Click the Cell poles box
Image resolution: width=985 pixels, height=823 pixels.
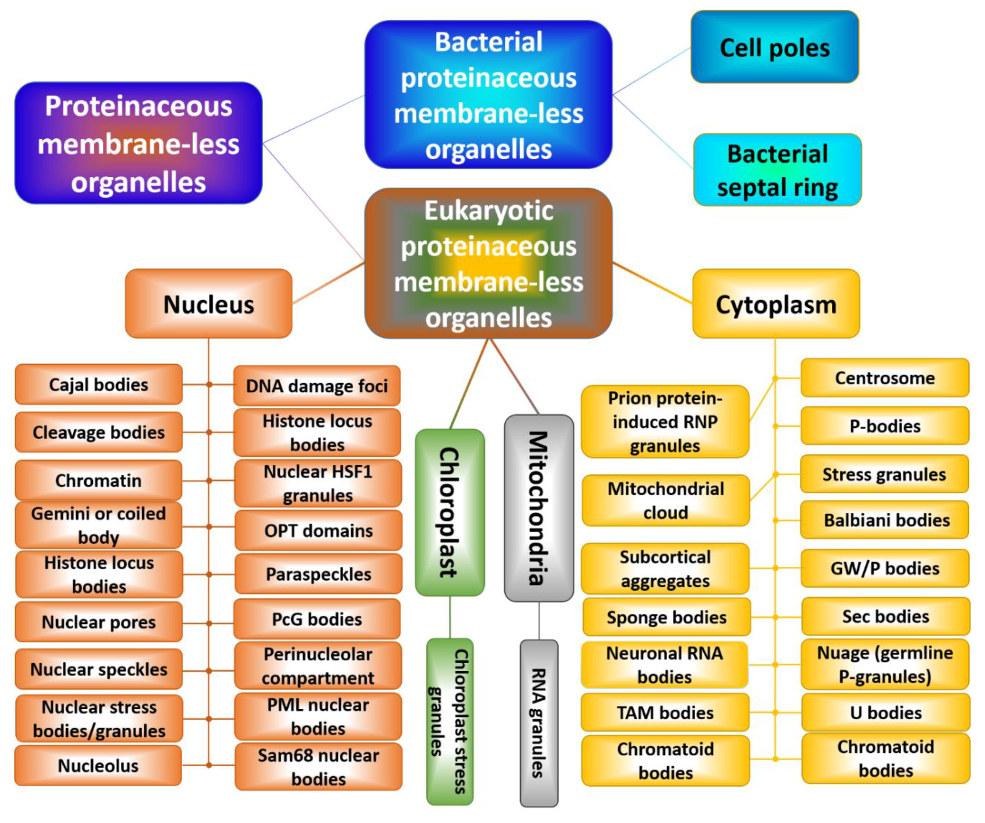click(x=774, y=47)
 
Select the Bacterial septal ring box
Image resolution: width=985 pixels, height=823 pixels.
click(x=777, y=170)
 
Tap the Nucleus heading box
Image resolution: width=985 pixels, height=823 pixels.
click(x=208, y=304)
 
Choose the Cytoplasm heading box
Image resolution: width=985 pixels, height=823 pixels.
click(x=776, y=304)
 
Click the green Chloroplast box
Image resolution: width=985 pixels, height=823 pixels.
click(x=450, y=512)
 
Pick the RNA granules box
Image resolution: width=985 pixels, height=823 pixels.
click(x=539, y=723)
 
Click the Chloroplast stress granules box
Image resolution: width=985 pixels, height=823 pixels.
click(x=450, y=721)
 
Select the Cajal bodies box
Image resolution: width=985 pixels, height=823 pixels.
click(x=99, y=385)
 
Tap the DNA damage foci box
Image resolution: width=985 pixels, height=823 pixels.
click(x=317, y=386)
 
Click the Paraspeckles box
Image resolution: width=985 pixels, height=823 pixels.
click(x=318, y=574)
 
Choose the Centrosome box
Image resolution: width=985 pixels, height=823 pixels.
click(x=885, y=378)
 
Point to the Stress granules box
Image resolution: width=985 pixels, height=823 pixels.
click(x=884, y=474)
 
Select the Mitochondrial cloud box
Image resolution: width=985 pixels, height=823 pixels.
click(x=665, y=500)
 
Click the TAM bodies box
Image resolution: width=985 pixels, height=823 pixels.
click(x=665, y=713)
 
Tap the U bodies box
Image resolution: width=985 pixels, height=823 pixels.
click(x=885, y=713)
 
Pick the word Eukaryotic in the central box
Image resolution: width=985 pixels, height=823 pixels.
click(x=489, y=210)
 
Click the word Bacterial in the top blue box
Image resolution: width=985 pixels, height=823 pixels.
click(x=488, y=42)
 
